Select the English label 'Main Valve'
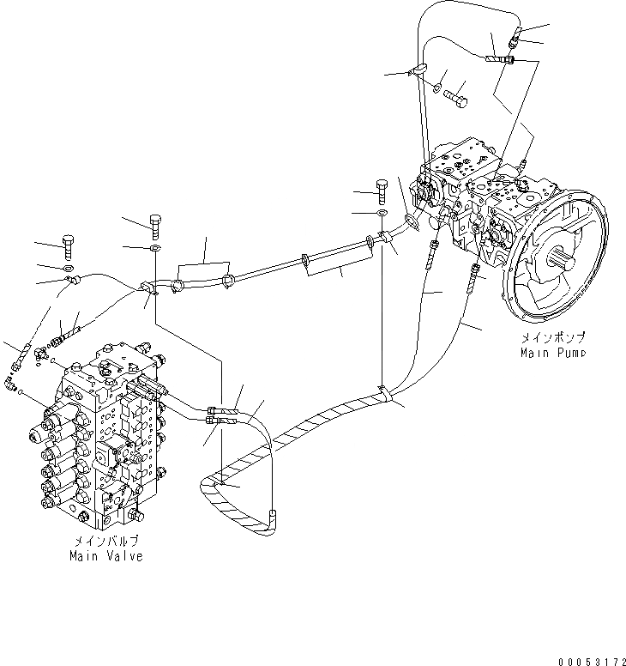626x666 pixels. [x=105, y=556]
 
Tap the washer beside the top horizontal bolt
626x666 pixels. [x=438, y=87]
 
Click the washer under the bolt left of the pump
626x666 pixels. [x=381, y=211]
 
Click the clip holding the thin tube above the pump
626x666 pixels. [x=419, y=72]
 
